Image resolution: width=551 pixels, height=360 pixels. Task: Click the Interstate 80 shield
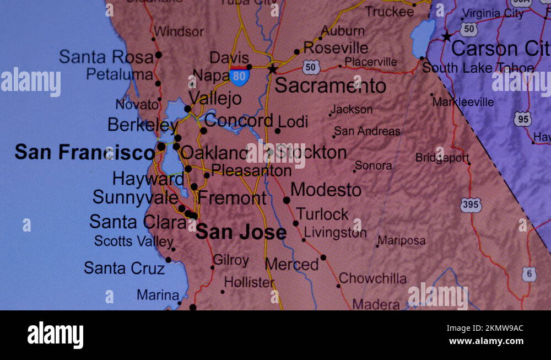[239, 76]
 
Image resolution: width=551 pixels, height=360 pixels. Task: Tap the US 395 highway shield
[471, 205]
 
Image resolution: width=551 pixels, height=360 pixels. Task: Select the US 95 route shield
[522, 119]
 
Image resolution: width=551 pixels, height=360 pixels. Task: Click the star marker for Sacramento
[272, 69]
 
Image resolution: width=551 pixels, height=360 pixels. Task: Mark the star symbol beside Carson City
[446, 37]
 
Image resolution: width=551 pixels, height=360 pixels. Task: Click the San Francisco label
[84, 152]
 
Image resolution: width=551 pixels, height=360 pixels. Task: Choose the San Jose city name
[241, 232]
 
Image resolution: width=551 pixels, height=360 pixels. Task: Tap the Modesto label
[326, 190]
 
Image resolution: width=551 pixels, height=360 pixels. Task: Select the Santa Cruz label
[124, 268]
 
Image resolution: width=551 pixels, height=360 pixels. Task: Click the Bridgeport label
[442, 158]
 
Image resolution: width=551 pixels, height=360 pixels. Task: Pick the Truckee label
[389, 11]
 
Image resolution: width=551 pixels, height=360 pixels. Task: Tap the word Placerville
[370, 62]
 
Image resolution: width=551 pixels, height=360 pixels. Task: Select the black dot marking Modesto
[287, 200]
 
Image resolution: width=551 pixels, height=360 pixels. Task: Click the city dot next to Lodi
[278, 131]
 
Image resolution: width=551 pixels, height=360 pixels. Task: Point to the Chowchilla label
[372, 278]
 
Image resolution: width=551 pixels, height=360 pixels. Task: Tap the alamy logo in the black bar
[55, 335]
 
